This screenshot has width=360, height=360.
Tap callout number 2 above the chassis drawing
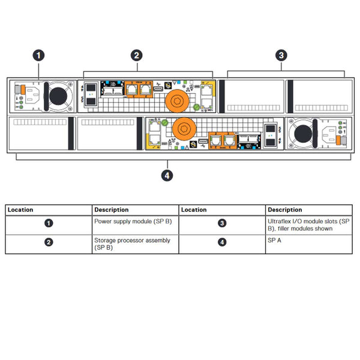[x=137, y=55]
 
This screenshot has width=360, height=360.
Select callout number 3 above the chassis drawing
[x=281, y=55]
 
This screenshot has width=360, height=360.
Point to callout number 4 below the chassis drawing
[x=169, y=175]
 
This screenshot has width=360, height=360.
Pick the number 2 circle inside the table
[x=49, y=243]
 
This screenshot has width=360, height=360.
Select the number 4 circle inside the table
[x=222, y=243]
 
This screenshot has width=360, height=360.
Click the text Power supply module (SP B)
[x=132, y=221]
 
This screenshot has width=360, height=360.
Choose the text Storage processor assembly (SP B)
[x=132, y=244]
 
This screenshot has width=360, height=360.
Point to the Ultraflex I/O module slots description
[x=308, y=225]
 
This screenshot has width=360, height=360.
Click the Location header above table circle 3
[x=194, y=210]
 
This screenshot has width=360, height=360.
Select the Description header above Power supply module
[x=111, y=210]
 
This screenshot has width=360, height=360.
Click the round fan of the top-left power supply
[x=58, y=96]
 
